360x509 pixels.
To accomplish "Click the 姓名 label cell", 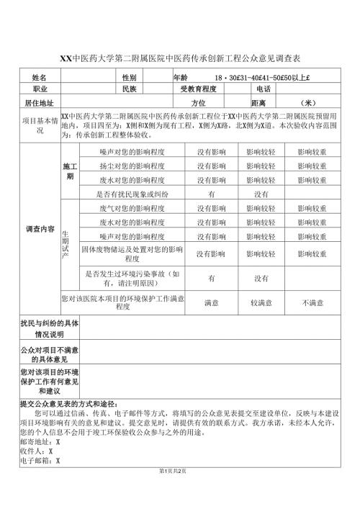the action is tap(40, 77).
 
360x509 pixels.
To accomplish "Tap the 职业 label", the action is tap(40, 89).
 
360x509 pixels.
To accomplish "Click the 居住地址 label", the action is tap(40, 102).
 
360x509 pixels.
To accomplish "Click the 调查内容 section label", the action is tap(40, 229).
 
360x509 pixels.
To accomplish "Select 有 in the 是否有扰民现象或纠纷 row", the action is tap(212, 194).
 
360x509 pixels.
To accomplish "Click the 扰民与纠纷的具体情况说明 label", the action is tap(46, 329).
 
